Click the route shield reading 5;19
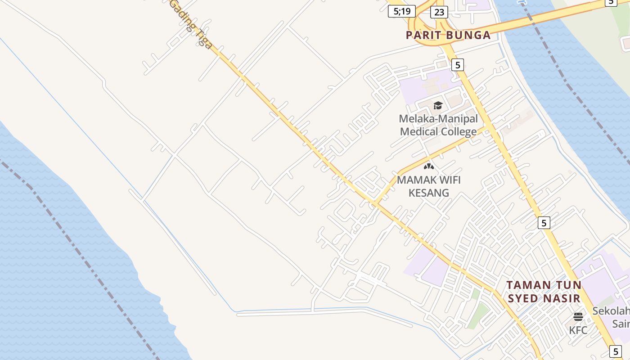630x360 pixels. [401, 11]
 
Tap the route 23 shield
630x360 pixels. [439, 12]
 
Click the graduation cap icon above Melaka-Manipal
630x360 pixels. [438, 106]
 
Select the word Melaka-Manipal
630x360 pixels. [438, 119]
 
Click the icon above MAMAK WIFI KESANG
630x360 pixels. [429, 166]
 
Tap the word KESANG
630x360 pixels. [428, 193]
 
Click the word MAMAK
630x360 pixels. [415, 180]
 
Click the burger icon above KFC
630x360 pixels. [578, 317]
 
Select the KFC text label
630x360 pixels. [578, 330]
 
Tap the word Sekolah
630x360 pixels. [611, 311]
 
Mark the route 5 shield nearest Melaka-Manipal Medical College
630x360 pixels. [457, 65]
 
